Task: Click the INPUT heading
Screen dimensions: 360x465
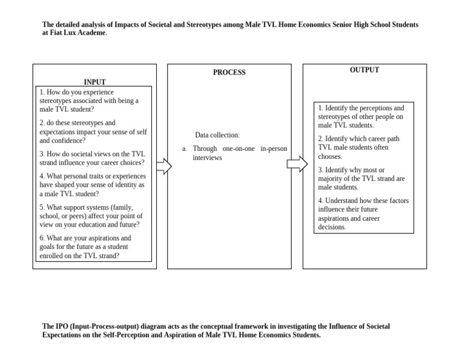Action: (x=94, y=82)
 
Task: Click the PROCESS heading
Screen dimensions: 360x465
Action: (x=229, y=72)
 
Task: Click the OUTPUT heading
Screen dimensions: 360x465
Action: (x=364, y=70)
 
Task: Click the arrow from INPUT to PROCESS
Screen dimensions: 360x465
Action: (x=164, y=166)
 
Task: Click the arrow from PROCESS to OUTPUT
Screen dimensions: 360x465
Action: (x=297, y=164)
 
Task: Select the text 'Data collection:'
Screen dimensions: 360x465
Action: (x=217, y=135)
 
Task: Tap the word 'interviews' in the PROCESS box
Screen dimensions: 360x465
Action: (x=208, y=158)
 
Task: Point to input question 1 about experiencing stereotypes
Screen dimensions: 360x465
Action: (x=89, y=101)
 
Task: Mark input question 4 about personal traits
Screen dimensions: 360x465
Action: (x=92, y=185)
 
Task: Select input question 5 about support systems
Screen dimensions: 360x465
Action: (x=91, y=216)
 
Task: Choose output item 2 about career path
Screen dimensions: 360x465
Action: (x=358, y=147)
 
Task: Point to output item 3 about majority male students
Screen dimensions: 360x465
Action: (x=361, y=179)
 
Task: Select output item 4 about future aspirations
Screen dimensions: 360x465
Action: (x=363, y=214)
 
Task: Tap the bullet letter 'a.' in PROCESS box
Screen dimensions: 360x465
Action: (x=185, y=148)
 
